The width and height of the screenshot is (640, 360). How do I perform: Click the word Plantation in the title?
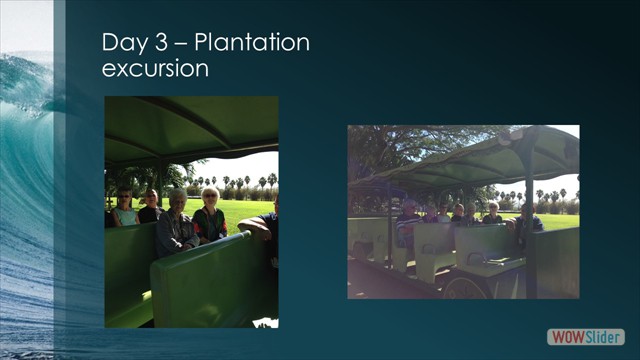(252, 43)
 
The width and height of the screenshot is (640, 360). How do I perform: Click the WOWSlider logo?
(586, 337)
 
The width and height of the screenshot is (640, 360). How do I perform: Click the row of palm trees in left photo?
(245, 184)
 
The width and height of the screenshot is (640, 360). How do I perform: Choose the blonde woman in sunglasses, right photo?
(491, 213)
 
